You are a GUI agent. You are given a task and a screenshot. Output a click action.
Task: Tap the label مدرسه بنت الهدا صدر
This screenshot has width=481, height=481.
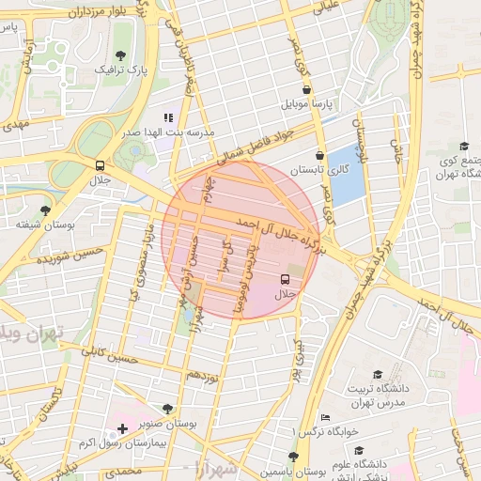tap(153, 133)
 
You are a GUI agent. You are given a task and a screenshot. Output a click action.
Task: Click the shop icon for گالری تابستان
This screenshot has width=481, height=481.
tap(319, 156)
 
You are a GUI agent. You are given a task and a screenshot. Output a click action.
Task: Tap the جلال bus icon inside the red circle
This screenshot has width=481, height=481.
tap(285, 279)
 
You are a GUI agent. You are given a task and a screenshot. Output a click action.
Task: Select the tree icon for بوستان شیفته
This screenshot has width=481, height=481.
tap(45, 210)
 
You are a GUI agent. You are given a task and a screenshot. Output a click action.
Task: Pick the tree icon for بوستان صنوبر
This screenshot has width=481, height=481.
tap(167, 409)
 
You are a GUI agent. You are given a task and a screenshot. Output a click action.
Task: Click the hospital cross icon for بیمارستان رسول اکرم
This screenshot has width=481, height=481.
tap(122, 428)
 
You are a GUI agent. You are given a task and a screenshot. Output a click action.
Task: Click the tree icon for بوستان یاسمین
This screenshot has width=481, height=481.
tap(294, 457)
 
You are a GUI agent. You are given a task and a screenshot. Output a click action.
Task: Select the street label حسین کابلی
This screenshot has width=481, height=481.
tap(109, 357)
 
